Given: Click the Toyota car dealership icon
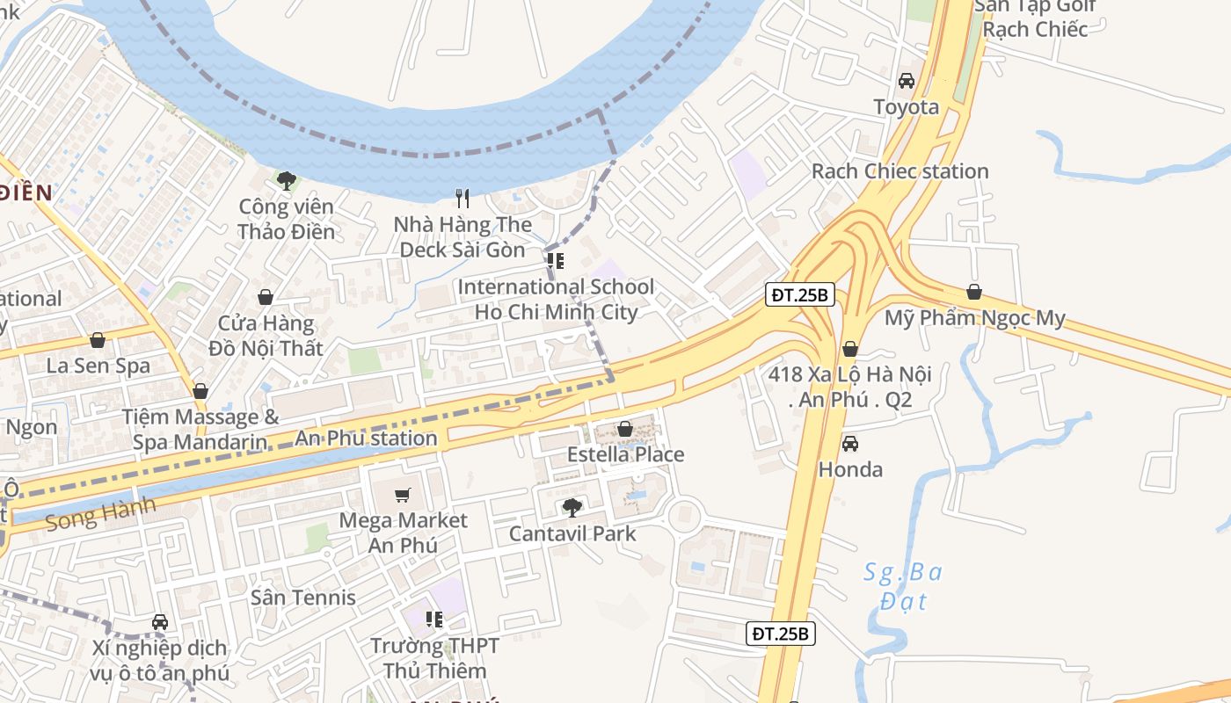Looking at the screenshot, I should click(x=906, y=81).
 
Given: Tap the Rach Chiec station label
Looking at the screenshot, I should click(x=900, y=171).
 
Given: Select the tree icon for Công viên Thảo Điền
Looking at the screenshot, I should click(x=285, y=181).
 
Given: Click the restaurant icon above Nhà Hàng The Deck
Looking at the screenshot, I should click(x=463, y=199).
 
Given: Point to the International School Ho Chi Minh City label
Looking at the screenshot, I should click(x=556, y=300).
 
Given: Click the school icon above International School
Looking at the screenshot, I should click(x=555, y=261).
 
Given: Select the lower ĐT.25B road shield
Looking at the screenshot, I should click(x=781, y=633).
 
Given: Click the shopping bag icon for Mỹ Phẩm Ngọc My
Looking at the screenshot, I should click(x=973, y=293).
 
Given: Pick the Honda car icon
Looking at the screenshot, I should click(x=849, y=444).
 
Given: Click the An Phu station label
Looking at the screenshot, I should click(x=366, y=438).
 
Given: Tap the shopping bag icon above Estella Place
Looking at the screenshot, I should click(x=624, y=430).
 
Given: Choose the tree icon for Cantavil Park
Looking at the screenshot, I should click(x=572, y=507).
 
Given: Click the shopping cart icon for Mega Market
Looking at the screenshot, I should click(x=403, y=495).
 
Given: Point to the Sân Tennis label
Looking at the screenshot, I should click(x=303, y=598).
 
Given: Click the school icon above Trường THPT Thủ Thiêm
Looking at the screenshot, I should click(x=433, y=620).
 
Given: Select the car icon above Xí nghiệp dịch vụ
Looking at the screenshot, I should click(x=159, y=622).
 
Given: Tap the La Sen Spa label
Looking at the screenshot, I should click(x=98, y=366).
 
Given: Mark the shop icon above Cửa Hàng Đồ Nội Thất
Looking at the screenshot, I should click(x=265, y=298).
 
